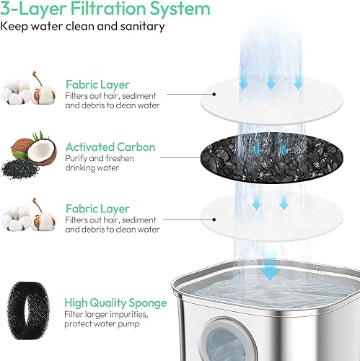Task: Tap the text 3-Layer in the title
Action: point(30,9)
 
